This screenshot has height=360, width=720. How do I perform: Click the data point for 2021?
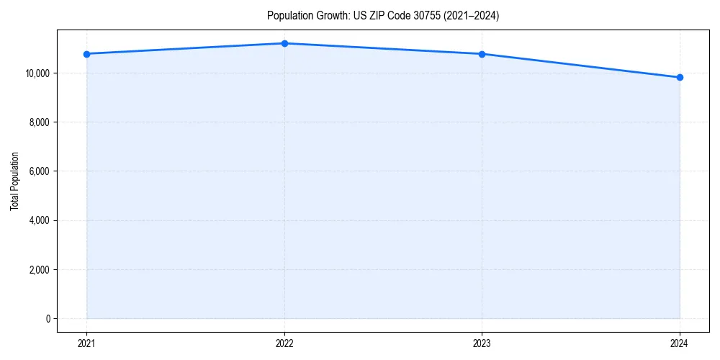pyautogui.click(x=86, y=54)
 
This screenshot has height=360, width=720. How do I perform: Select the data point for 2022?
pyautogui.click(x=284, y=43)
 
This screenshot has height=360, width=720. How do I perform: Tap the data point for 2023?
pyautogui.click(x=482, y=54)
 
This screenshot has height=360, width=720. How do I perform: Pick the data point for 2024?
pyautogui.click(x=680, y=77)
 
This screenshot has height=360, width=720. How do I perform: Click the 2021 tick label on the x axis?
pyautogui.click(x=86, y=343)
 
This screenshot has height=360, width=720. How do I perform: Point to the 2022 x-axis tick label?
pyautogui.click(x=284, y=343)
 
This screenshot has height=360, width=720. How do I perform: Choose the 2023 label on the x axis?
pyautogui.click(x=482, y=343)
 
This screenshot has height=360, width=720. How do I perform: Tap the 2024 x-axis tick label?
pyautogui.click(x=680, y=343)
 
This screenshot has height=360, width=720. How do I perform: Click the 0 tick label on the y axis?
pyautogui.click(x=47, y=319)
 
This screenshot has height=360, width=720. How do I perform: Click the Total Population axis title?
pyautogui.click(x=14, y=181)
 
